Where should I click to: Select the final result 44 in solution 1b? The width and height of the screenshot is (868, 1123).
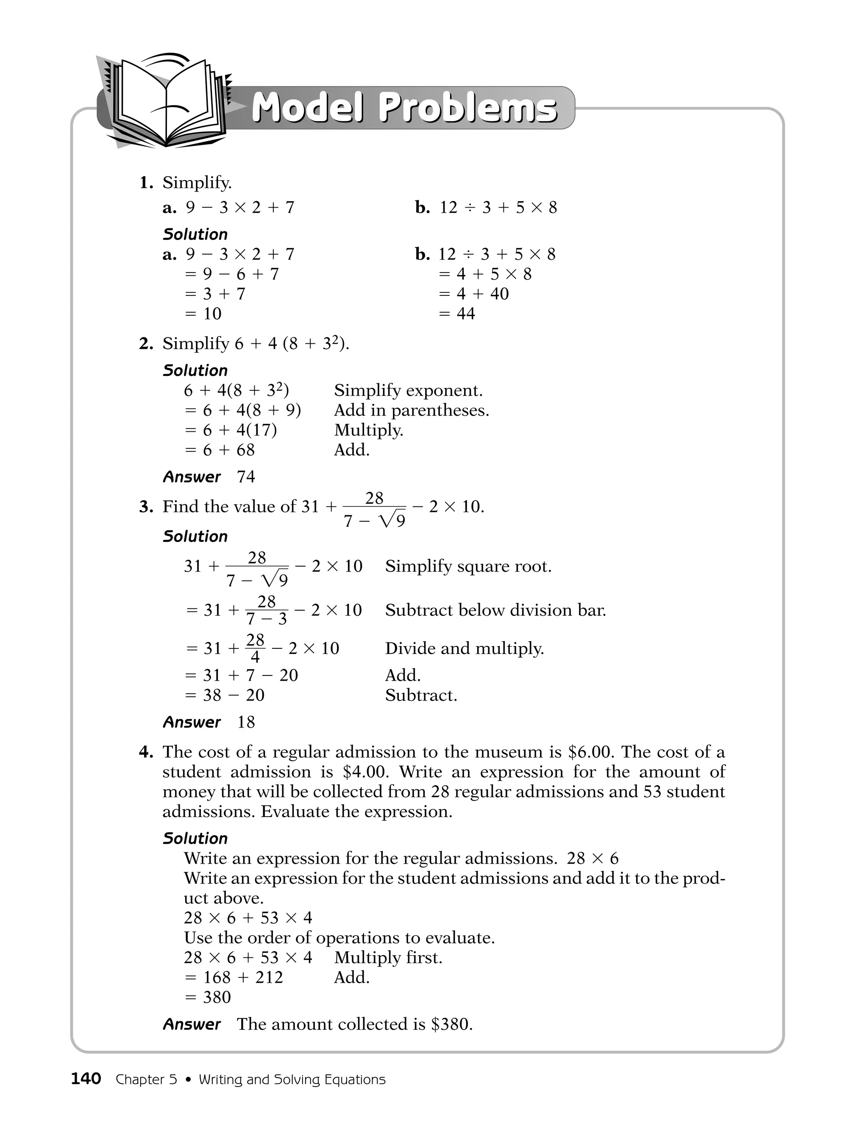465,313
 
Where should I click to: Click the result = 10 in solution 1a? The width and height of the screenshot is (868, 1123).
203,313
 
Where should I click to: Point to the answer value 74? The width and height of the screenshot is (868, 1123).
246,477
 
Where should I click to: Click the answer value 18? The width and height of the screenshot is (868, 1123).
246,722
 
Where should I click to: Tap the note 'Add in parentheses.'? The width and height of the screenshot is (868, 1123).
412,410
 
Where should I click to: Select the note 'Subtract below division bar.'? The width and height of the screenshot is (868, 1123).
495,610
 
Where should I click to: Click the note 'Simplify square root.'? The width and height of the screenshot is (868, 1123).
468,566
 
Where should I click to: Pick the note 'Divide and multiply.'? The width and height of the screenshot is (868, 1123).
465,648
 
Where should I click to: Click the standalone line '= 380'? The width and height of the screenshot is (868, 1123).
208,997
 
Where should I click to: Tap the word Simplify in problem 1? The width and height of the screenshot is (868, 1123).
196,183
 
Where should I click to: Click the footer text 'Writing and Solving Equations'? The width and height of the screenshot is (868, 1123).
292,1079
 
